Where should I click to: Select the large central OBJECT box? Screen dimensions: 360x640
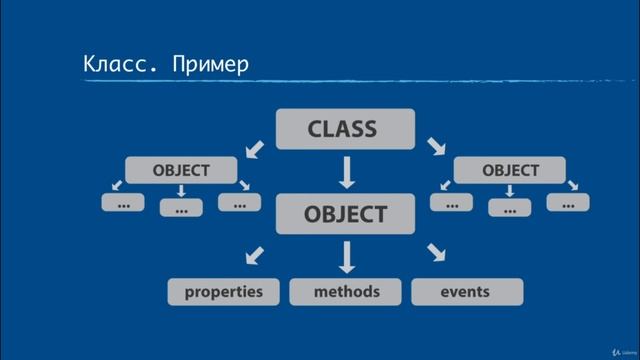pyautogui.click(x=346, y=214)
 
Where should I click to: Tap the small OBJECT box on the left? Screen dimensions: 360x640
pyautogui.click(x=181, y=170)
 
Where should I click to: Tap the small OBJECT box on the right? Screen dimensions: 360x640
pyautogui.click(x=509, y=170)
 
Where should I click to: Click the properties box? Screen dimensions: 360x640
pyautogui.click(x=223, y=292)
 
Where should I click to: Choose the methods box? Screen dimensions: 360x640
pyautogui.click(x=346, y=292)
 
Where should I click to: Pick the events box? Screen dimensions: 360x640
pyautogui.click(x=465, y=292)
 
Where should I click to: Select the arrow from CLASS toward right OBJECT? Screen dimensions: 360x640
pyautogui.click(x=437, y=149)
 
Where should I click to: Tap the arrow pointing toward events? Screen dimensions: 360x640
pyautogui.click(x=436, y=254)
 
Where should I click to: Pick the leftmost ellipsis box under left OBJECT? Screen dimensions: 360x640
pyautogui.click(x=123, y=203)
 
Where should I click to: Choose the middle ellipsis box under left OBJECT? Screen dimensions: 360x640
pyautogui.click(x=181, y=208)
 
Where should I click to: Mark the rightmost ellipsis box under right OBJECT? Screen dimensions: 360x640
pyautogui.click(x=567, y=203)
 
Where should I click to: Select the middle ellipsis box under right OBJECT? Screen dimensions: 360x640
pyautogui.click(x=509, y=208)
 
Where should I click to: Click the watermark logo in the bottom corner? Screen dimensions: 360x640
pyautogui.click(x=612, y=346)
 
